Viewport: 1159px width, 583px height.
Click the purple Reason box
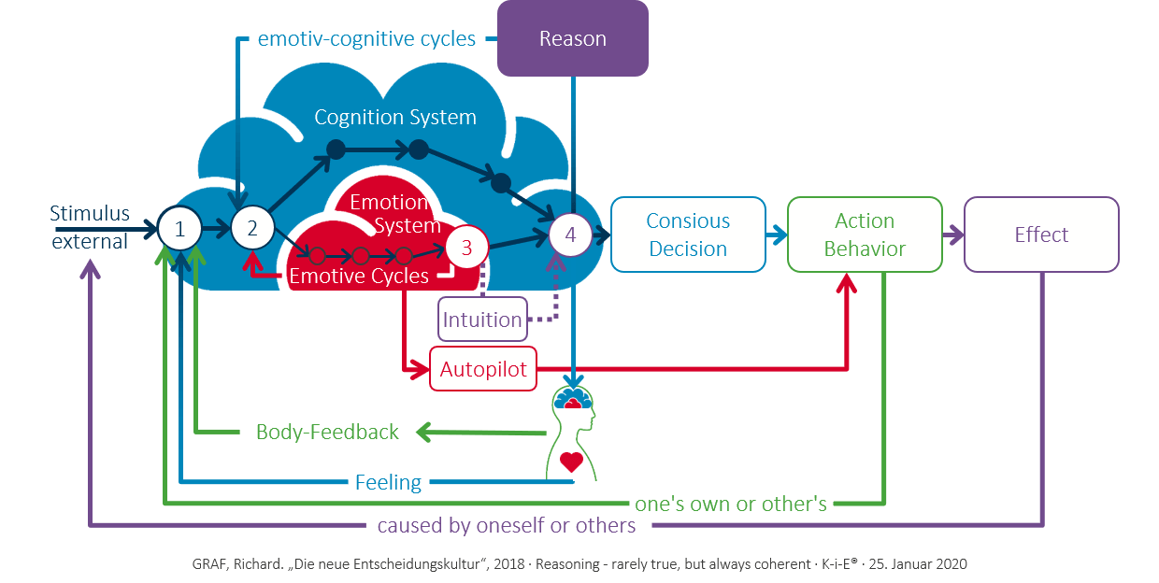click(572, 38)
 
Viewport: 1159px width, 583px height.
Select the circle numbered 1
click(179, 228)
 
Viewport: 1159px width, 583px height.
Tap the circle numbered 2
click(250, 228)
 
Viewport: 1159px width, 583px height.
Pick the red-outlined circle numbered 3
click(467, 248)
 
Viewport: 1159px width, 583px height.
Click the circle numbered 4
click(571, 235)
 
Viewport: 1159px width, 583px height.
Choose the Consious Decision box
click(688, 235)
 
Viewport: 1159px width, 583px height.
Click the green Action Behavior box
click(865, 235)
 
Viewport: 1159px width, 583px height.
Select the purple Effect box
click(1041, 235)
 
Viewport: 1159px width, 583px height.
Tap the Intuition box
click(482, 320)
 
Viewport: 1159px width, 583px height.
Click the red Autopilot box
click(483, 370)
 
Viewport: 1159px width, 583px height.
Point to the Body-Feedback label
click(327, 433)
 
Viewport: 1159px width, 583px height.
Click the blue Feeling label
click(388, 483)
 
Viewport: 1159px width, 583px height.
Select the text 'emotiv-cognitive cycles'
click(367, 39)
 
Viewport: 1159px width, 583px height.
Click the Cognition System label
click(395, 118)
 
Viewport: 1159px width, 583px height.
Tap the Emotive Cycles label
click(359, 277)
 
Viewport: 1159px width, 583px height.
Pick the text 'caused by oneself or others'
click(507, 526)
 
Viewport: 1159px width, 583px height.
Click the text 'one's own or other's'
click(731, 505)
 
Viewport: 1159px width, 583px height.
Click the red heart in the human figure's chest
click(571, 460)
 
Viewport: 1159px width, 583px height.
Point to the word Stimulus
click(90, 214)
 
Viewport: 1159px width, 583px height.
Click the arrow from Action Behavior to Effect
click(953, 235)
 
